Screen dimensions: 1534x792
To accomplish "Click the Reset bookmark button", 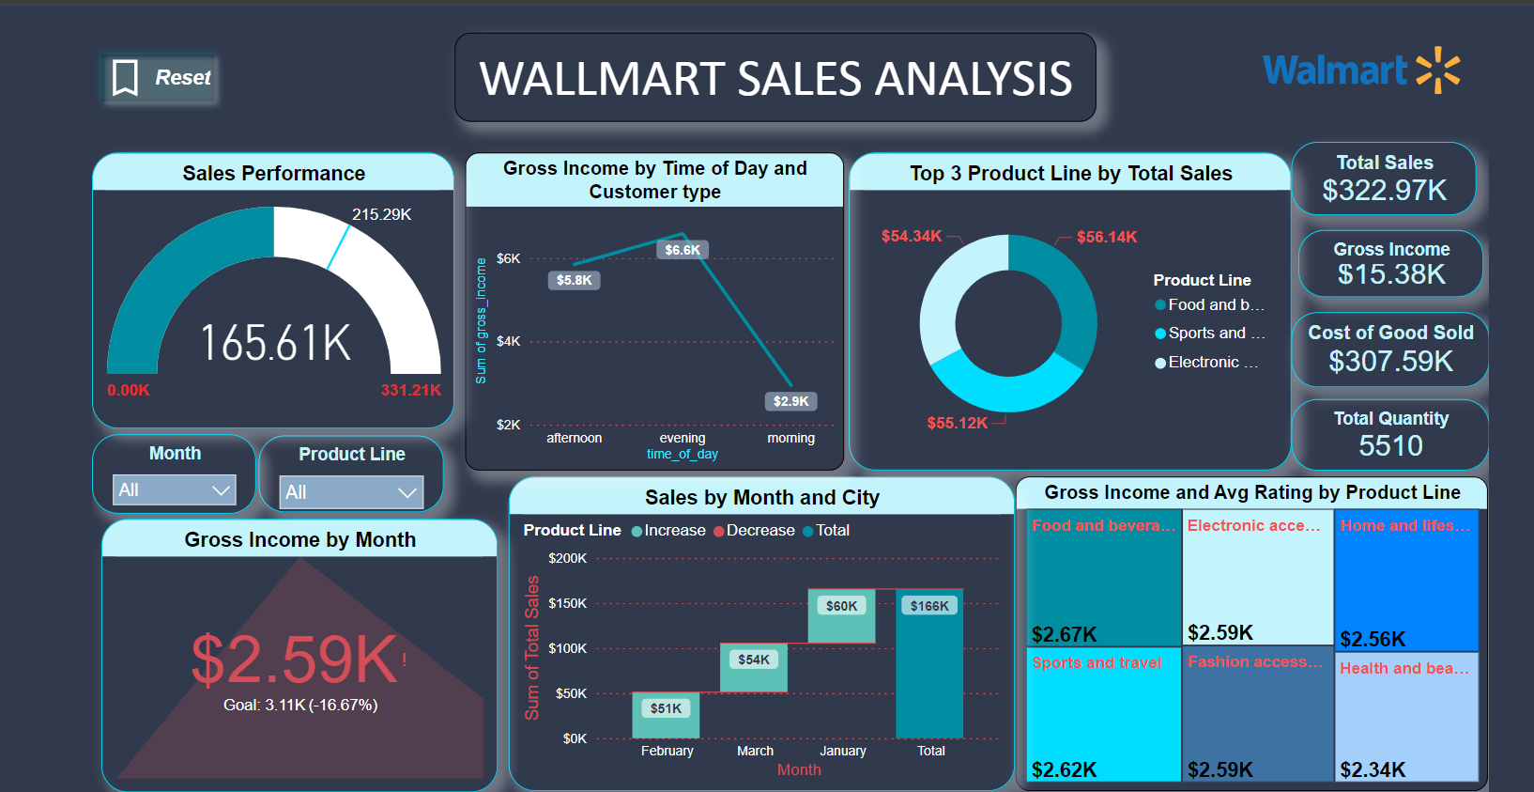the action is click(x=161, y=78).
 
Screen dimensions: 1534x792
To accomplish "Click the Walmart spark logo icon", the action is click(x=1438, y=70).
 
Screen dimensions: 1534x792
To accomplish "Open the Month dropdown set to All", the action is click(x=174, y=489).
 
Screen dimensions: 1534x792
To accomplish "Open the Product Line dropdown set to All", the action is click(x=351, y=492).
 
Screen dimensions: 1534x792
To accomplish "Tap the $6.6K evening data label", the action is click(x=683, y=250).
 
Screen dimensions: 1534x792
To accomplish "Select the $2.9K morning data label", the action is click(x=791, y=401).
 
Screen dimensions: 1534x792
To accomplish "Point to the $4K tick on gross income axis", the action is click(x=508, y=341).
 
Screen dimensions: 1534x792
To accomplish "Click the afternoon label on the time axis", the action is click(x=574, y=438).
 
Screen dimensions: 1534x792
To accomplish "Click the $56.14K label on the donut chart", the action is click(x=1107, y=237).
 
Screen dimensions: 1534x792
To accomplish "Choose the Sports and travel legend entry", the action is click(x=1210, y=333).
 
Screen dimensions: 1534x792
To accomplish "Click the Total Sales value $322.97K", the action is click(x=1384, y=191).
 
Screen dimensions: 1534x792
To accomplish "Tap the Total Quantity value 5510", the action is click(x=1391, y=446).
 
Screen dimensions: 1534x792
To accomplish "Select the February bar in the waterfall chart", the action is click(x=666, y=715).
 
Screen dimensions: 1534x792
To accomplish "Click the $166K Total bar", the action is click(x=929, y=664).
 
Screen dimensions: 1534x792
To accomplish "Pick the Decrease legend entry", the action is click(x=754, y=530).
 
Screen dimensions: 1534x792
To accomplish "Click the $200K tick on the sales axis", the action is click(x=567, y=558).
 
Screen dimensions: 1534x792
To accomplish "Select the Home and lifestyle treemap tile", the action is click(x=1406, y=580).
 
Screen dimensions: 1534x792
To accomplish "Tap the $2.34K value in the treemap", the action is click(x=1373, y=770).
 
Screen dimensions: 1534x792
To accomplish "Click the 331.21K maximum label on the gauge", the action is click(x=411, y=391).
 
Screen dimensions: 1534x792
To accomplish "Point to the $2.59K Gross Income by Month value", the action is click(x=295, y=660).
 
